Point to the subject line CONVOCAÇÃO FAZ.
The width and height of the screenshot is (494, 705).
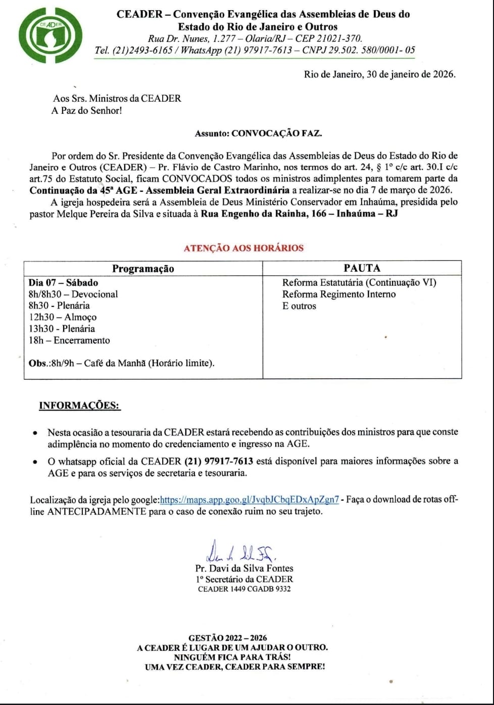tap(276, 134)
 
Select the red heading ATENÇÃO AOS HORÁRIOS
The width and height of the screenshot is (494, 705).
tap(243, 248)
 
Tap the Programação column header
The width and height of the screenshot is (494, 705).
tap(143, 269)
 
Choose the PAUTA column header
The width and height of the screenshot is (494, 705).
tap(362, 268)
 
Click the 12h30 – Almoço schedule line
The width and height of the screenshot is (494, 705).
tap(63, 317)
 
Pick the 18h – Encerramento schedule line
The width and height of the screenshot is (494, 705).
tap(69, 340)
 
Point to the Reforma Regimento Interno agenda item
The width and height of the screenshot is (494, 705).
tap(339, 294)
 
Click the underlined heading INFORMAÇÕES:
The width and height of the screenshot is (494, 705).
tap(79, 406)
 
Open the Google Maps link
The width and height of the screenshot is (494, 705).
tap(249, 500)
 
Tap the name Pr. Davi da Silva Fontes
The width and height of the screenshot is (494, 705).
tap(244, 568)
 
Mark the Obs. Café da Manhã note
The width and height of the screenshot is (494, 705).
tap(121, 363)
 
